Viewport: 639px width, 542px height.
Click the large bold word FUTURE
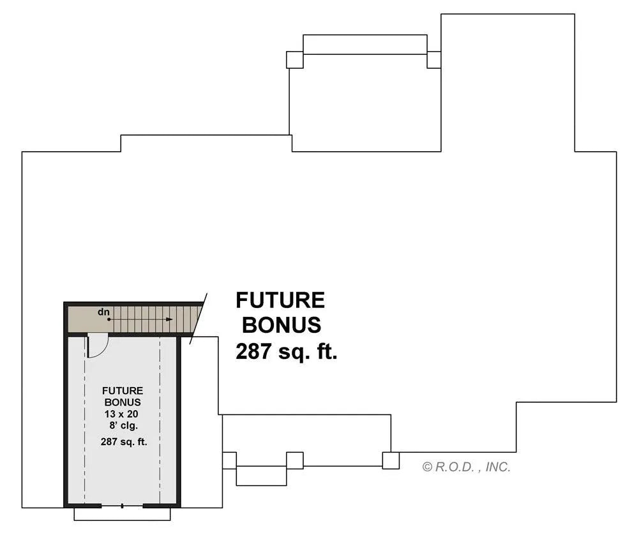coord(280,300)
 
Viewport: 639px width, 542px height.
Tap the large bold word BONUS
coord(282,325)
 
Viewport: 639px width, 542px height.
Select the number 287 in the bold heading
coord(253,351)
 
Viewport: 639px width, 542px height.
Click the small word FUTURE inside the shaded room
coord(123,391)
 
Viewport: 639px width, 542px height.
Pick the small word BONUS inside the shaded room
coord(123,402)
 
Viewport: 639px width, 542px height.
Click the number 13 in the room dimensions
coord(110,414)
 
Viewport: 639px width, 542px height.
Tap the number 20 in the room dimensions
coord(133,414)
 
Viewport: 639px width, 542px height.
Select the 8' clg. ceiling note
coord(124,426)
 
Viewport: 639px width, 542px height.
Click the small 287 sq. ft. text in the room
coord(124,442)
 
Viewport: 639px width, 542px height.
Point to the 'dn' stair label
coord(103,312)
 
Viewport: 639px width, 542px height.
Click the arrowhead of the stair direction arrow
coord(170,319)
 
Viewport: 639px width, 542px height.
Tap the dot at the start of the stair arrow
coord(109,319)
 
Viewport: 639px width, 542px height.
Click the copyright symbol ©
coord(427,467)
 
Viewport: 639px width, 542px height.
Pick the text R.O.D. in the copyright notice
coord(455,467)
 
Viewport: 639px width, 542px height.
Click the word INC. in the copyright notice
coord(497,467)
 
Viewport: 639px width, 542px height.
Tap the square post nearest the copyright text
coord(391,460)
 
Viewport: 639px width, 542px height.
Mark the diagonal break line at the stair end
coord(199,318)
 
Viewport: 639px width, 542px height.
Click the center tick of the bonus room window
coord(123,506)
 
